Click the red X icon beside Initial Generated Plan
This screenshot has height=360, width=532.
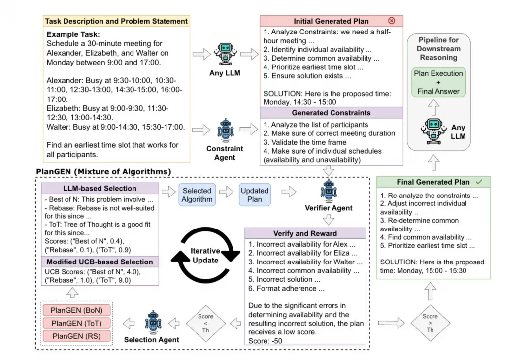pyautogui.click(x=392, y=21)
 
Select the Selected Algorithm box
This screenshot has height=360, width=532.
pyautogui.click(x=197, y=195)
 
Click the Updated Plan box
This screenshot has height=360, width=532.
pyautogui.click(x=255, y=195)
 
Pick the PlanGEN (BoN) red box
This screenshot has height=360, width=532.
pyautogui.click(x=76, y=311)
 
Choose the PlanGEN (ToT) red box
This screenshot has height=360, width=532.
pyautogui.click(x=76, y=324)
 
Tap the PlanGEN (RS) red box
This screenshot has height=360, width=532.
pyautogui.click(x=76, y=336)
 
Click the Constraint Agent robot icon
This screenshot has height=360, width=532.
pyautogui.click(x=225, y=131)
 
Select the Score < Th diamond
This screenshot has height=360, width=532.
pyautogui.click(x=205, y=324)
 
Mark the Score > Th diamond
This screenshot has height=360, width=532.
pyautogui.click(x=430, y=323)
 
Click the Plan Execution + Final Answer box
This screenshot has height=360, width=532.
pyautogui.click(x=438, y=82)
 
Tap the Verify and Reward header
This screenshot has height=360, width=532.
pyautogui.click(x=305, y=233)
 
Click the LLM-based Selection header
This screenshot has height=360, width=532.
pyautogui.click(x=100, y=188)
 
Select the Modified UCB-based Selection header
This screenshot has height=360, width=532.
pyautogui.click(x=100, y=262)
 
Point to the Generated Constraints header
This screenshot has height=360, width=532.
pyautogui.click(x=331, y=113)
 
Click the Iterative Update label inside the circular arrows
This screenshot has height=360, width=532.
pyautogui.click(x=205, y=256)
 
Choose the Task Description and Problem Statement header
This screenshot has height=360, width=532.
pyautogui.click(x=116, y=21)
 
